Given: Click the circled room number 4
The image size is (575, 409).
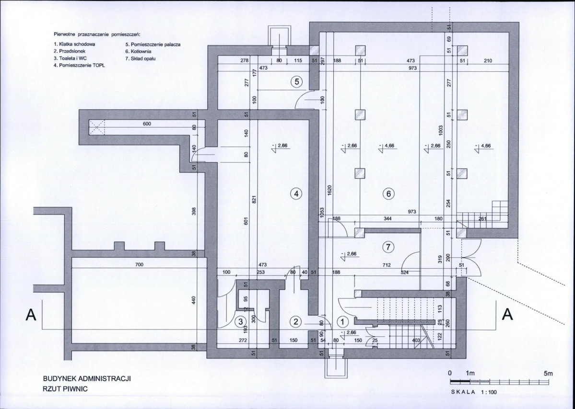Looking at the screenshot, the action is point(296,193).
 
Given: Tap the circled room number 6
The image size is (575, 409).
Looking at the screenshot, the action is point(388,193).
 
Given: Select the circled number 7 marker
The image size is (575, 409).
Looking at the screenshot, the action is point(388,248).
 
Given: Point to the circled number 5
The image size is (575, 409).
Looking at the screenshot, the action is point(296,81).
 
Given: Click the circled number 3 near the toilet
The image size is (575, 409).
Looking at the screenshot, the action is point(241,322).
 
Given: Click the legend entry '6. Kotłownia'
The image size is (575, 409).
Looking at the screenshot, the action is point(138,52).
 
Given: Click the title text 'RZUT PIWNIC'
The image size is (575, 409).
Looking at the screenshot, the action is point(65,389).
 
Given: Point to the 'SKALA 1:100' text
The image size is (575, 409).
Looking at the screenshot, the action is point(474,392).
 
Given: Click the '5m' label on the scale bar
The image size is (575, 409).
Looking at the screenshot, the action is point(548,374).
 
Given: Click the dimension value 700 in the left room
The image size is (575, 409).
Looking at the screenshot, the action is point(139,264).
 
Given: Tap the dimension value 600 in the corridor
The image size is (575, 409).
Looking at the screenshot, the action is point(147,124).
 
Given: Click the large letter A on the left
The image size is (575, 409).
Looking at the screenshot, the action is point(31,315).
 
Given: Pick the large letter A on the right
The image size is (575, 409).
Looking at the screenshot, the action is point(507,315).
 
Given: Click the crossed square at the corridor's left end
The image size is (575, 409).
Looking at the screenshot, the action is point(97,127).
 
